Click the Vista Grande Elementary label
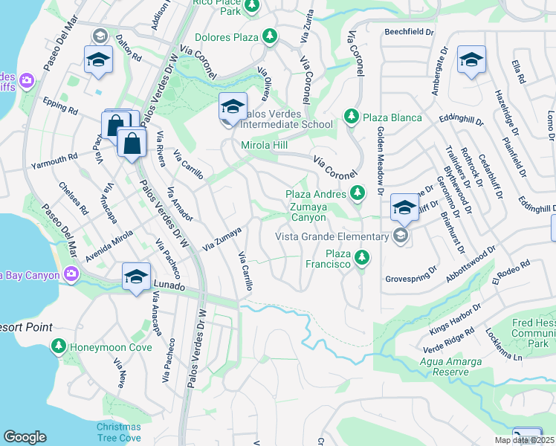point(332,236)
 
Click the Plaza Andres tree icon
point(358,193)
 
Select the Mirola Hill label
point(265,145)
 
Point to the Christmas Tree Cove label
point(118,431)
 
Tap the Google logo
point(25,437)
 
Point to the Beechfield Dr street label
point(408,32)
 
